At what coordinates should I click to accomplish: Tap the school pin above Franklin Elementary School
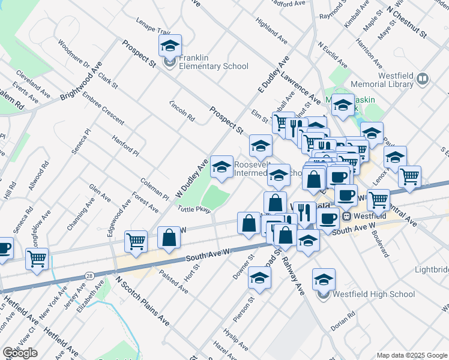(x=170, y=46)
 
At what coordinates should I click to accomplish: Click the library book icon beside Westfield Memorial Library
(x=423, y=79)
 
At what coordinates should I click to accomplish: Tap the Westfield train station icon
(x=346, y=216)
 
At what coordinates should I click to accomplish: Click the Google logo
(x=20, y=353)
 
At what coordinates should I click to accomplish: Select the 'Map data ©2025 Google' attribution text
(x=412, y=355)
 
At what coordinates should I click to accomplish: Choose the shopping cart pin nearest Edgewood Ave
(x=136, y=241)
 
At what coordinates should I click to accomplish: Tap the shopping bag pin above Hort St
(x=169, y=237)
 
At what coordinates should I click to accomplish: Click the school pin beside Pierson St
(x=259, y=278)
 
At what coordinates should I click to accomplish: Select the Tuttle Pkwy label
(x=194, y=209)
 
